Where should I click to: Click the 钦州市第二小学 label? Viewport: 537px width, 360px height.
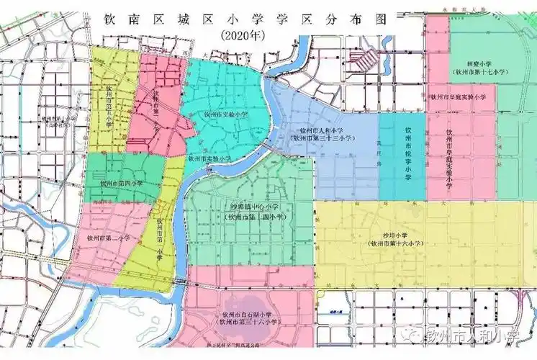[x=108, y=237]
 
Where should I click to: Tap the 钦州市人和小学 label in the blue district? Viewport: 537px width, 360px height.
[x=322, y=130]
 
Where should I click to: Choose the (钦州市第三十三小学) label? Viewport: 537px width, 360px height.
[x=322, y=138]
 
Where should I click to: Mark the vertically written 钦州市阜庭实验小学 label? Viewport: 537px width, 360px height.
[x=449, y=158]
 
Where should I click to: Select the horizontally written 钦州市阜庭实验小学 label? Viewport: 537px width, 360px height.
[x=459, y=96]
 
